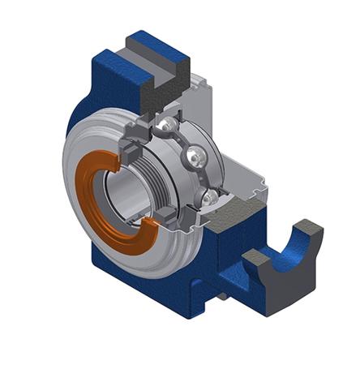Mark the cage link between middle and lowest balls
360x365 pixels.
click(203, 177)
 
